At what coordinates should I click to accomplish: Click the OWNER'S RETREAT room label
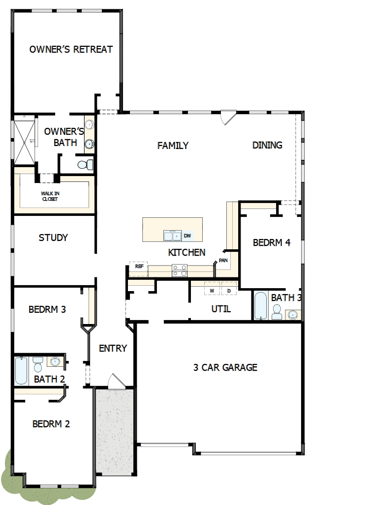(x=71, y=49)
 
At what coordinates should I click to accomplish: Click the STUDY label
(x=53, y=238)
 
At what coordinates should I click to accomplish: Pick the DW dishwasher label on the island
(x=187, y=236)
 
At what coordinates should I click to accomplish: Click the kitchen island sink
(x=172, y=236)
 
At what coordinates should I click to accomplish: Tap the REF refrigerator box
(x=138, y=266)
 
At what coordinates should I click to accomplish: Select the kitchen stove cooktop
(x=179, y=269)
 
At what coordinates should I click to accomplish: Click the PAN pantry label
(x=223, y=260)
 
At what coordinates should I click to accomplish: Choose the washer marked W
(x=212, y=291)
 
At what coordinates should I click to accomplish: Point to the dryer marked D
(x=229, y=291)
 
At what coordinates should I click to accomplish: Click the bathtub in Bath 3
(x=260, y=305)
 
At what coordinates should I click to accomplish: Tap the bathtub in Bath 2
(x=21, y=371)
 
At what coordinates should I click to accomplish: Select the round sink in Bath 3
(x=293, y=314)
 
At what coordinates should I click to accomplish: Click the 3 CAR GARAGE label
(x=225, y=367)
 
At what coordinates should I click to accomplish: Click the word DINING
(x=267, y=145)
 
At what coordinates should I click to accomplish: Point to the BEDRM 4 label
(x=272, y=242)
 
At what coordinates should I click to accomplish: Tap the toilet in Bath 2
(x=38, y=364)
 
